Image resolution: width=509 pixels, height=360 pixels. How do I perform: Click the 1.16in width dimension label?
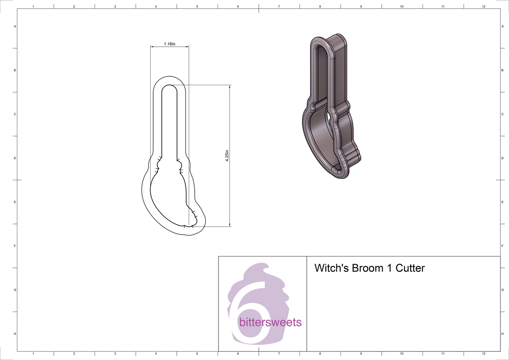coord(169,44)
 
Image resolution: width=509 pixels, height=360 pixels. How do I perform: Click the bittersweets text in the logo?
coord(270,322)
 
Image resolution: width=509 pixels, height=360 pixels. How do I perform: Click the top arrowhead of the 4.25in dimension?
coord(229,87)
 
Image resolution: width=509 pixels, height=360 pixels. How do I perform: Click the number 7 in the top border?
coord(279,6)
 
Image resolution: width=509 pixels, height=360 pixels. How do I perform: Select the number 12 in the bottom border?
coord(484,353)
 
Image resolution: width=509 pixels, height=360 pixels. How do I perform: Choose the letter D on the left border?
coord(15,158)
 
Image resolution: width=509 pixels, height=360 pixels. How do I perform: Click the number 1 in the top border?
coord(33,6)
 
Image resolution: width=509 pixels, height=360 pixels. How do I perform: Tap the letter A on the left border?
coord(15,26)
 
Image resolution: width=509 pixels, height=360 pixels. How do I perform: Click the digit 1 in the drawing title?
coord(389,268)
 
